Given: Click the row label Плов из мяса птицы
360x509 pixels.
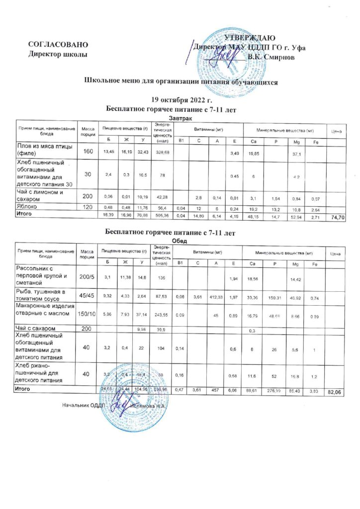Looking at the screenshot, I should pyautogui.click(x=45, y=151).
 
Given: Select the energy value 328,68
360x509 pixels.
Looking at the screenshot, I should pyautogui.click(x=163, y=151).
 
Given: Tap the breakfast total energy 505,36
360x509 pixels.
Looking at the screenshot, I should pyautogui.click(x=163, y=216).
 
